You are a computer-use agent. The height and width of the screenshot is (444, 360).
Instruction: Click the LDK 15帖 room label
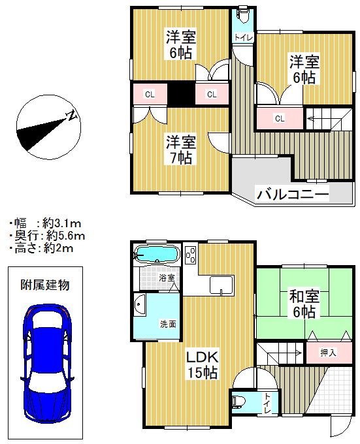click(x=203, y=365)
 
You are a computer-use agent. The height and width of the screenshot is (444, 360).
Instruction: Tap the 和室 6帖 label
click(x=304, y=304)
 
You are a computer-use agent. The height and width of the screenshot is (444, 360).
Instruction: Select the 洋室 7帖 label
click(x=181, y=150)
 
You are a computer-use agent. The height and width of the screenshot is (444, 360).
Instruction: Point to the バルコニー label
click(x=293, y=195)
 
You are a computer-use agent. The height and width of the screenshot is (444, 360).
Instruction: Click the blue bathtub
click(x=157, y=254)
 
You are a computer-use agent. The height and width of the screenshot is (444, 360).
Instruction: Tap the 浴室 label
click(x=167, y=277)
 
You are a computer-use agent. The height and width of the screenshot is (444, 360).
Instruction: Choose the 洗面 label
click(x=169, y=324)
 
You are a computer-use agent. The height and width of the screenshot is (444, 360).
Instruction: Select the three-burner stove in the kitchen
click(x=191, y=255)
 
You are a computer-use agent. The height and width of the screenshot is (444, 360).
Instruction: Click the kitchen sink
click(x=221, y=285)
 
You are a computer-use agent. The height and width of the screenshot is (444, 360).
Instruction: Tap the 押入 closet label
click(x=328, y=353)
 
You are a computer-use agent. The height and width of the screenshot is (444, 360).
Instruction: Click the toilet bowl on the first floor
click(x=237, y=402)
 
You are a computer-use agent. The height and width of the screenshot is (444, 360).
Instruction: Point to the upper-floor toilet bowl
click(x=243, y=16)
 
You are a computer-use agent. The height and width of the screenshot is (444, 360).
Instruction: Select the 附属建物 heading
click(x=44, y=285)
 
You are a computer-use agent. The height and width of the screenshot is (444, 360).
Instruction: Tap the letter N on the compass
click(x=72, y=115)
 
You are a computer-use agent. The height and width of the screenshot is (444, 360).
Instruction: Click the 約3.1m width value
click(x=62, y=224)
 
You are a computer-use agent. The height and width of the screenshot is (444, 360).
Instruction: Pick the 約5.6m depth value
click(x=66, y=236)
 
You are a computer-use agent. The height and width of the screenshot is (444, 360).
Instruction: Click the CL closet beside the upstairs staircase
click(x=280, y=118)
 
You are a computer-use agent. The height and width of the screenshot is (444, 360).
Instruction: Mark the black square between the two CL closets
click(x=181, y=94)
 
